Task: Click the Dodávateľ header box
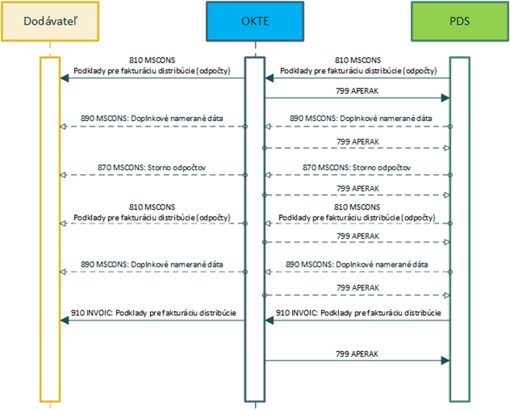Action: [50, 22]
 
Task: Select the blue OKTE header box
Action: [255, 22]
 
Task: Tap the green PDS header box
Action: [460, 22]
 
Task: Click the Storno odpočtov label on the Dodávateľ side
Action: [176, 168]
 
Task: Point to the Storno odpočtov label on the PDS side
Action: [381, 168]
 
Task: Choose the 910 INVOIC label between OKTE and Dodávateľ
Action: [153, 313]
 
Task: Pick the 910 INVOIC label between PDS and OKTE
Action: [358, 313]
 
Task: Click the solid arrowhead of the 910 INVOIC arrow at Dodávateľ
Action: [65, 321]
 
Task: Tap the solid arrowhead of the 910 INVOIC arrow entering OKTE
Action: [270, 321]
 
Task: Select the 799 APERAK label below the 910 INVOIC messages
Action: [357, 354]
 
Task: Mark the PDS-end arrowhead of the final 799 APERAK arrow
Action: [445, 361]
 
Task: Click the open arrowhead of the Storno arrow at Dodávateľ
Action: [63, 175]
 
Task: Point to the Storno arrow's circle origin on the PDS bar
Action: [450, 175]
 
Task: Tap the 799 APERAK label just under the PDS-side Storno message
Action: [357, 189]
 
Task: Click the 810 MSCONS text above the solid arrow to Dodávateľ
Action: [153, 60]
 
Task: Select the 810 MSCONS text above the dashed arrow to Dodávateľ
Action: [153, 207]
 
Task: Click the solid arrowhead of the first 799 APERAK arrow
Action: [445, 98]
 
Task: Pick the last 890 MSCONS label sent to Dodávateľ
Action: [152, 264]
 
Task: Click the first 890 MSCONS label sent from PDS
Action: [361, 119]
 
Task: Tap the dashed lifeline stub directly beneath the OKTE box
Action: [255, 49]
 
